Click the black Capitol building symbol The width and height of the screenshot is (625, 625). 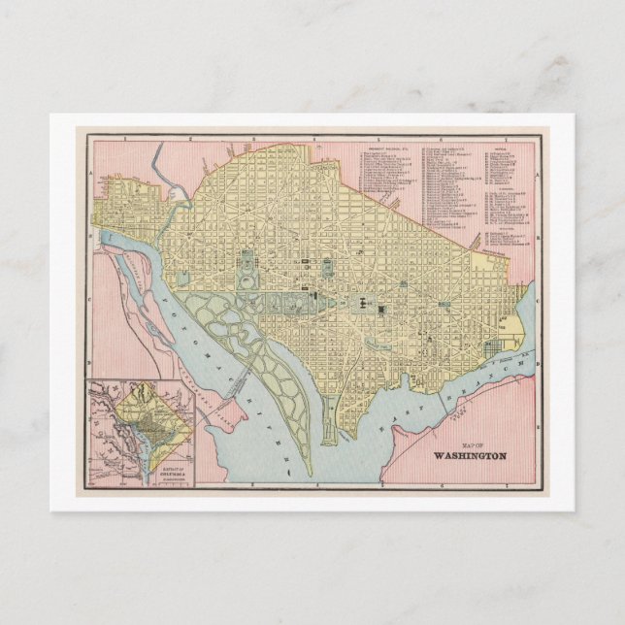(361, 304)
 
